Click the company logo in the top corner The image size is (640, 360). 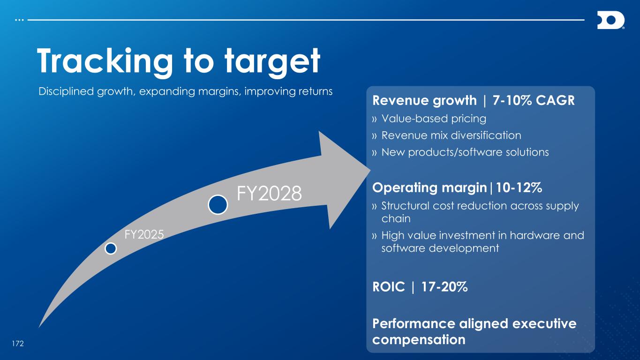click(x=611, y=20)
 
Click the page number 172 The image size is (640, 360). click(x=18, y=344)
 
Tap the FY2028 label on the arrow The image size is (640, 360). click(x=269, y=194)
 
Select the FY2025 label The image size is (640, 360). click(x=144, y=234)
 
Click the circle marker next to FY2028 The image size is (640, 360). click(x=218, y=204)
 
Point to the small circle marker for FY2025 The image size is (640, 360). click(x=111, y=248)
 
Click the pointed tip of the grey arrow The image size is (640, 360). click(x=370, y=171)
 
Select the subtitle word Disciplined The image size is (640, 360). click(x=66, y=91)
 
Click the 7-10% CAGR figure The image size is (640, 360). click(x=534, y=101)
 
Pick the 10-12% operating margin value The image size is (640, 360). click(x=519, y=187)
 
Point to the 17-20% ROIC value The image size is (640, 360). click(x=444, y=287)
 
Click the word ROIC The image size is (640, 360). click(x=389, y=287)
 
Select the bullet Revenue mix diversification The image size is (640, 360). click(x=451, y=135)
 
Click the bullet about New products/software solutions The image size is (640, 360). click(x=465, y=152)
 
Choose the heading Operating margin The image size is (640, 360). click(x=429, y=188)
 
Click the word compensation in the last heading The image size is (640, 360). click(x=419, y=340)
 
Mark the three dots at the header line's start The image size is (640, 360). click(x=19, y=20)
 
